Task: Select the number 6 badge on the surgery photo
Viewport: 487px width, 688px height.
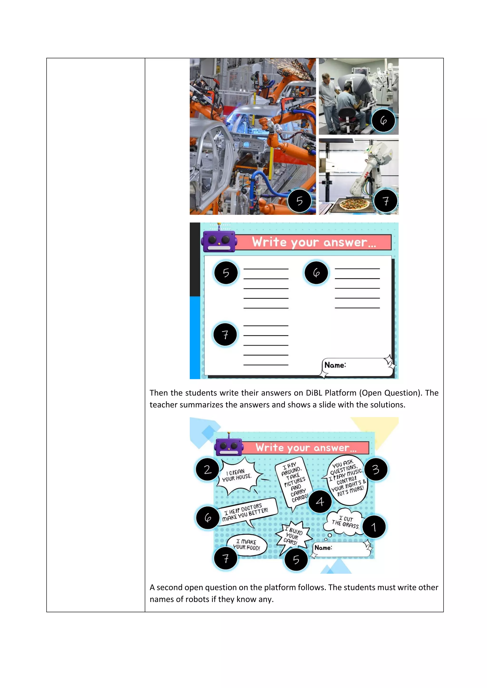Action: (383, 120)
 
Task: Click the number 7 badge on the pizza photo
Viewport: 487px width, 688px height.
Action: (386, 201)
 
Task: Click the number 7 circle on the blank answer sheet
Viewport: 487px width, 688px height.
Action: (225, 334)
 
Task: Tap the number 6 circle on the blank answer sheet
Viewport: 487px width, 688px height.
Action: (316, 273)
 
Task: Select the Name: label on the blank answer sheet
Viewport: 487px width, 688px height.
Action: (335, 365)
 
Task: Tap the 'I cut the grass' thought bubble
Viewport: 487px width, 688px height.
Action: (345, 522)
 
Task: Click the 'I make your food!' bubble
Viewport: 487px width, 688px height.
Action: (247, 545)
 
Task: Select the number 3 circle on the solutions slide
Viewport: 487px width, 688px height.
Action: (376, 469)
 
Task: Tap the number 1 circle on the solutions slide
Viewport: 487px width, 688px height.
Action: (374, 527)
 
